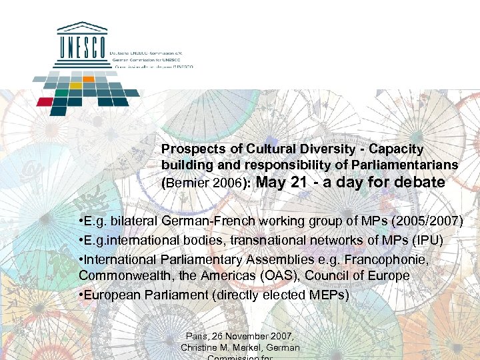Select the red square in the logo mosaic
[45, 102]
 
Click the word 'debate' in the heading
[420, 182]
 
